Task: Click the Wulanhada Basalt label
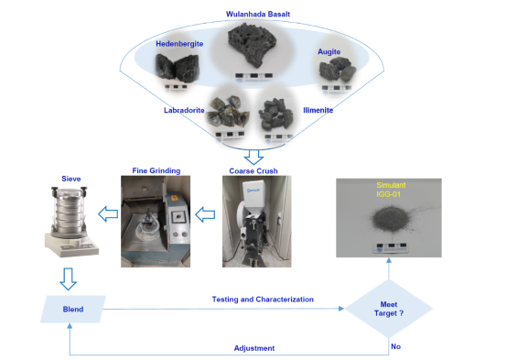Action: [x=258, y=15]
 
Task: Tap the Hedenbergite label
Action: [x=179, y=44]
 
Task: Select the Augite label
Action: [x=329, y=52]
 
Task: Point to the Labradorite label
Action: [x=184, y=111]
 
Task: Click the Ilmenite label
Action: [x=318, y=110]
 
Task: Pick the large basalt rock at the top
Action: [x=253, y=44]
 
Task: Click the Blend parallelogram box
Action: [x=73, y=310]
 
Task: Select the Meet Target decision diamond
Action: [x=389, y=309]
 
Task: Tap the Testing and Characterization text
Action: [x=263, y=300]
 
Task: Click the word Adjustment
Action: [x=254, y=348]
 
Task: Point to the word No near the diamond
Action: [x=395, y=347]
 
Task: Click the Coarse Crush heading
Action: [x=253, y=171]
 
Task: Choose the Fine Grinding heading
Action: [x=156, y=171]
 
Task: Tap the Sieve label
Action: [x=71, y=179]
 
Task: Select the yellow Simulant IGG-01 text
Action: [x=391, y=190]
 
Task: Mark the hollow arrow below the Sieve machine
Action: [x=69, y=279]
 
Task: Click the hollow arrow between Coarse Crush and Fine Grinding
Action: [x=205, y=214]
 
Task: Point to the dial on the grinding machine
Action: [x=178, y=217]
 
